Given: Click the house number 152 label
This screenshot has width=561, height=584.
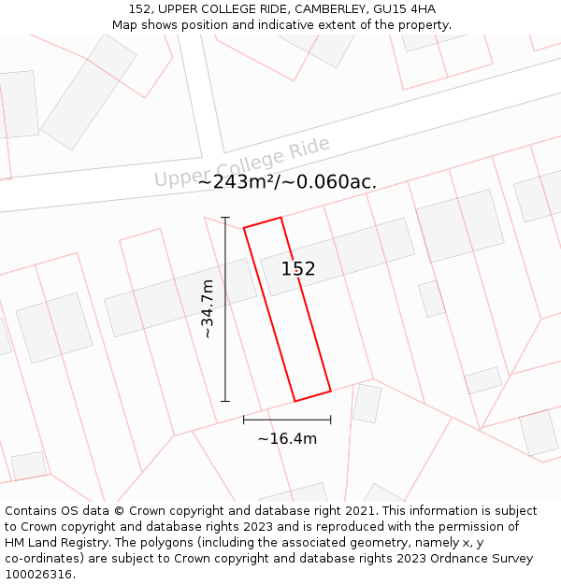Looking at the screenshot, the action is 298,269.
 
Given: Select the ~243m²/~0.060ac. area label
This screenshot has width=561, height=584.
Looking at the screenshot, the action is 287,182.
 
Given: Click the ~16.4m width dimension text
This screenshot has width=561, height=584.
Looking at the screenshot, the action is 287,438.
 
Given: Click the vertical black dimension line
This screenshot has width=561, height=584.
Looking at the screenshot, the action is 225,308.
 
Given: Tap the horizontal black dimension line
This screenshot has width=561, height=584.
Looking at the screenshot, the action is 287,420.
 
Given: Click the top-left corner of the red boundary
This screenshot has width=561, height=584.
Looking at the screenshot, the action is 244,227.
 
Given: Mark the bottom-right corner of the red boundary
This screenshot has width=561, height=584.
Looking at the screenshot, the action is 331,391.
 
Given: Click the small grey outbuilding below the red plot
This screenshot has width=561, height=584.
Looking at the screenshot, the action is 367,403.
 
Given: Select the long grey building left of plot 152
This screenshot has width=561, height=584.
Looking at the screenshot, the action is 180,297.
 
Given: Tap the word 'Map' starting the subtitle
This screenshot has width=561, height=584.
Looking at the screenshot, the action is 125,25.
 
